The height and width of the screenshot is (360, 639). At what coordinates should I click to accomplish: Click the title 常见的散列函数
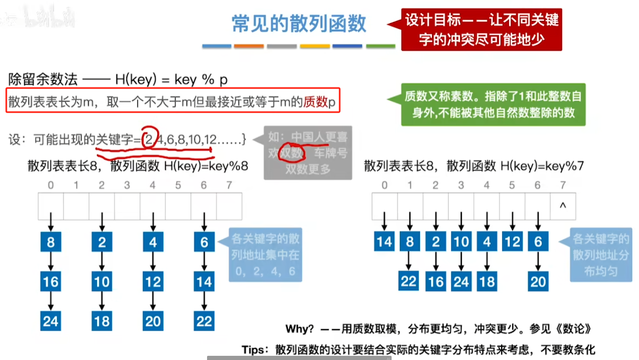[299, 24]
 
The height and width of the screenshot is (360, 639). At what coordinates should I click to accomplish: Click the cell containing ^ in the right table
[563, 206]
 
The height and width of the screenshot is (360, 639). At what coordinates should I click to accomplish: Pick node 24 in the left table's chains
[51, 320]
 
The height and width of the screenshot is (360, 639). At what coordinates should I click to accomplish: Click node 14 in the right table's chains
[385, 242]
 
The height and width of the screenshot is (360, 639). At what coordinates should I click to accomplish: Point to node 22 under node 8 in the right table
[410, 281]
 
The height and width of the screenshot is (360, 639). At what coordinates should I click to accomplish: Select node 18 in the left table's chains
[102, 320]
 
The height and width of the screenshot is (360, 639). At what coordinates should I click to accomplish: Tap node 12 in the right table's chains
[513, 242]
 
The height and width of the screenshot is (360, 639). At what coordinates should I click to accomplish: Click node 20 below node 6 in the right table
[538, 281]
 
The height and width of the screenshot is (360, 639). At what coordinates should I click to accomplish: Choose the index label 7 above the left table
[229, 185]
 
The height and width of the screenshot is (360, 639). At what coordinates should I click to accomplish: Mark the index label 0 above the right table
[385, 185]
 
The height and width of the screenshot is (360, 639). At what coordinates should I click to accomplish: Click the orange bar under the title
[249, 47]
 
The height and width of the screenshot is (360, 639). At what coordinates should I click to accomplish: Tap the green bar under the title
[381, 47]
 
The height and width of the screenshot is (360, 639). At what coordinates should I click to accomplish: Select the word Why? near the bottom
[299, 329]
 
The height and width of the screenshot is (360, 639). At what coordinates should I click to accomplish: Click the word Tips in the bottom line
[255, 350]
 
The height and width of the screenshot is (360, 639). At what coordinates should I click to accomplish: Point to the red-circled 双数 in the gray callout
[292, 154]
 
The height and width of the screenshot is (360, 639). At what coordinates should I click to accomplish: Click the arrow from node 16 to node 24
[51, 301]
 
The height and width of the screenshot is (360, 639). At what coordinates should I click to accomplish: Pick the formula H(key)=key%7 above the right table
[542, 167]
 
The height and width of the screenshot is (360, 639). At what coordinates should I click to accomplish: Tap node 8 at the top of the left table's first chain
[51, 242]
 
